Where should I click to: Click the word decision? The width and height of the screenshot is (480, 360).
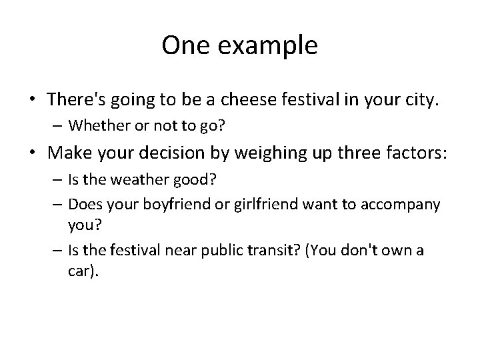pyautogui.click(x=175, y=151)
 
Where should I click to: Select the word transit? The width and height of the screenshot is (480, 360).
pyautogui.click(x=282, y=251)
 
